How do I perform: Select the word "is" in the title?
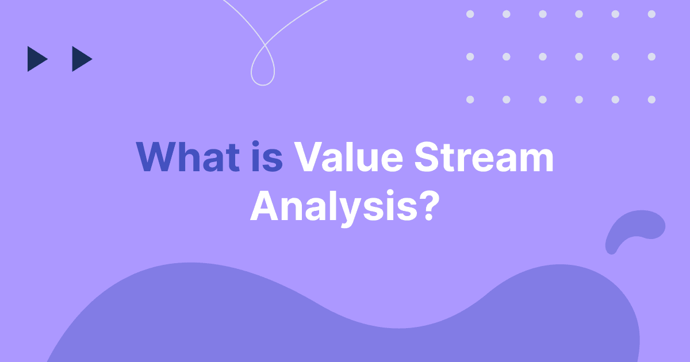[x=267, y=157]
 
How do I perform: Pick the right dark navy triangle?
[x=80, y=59]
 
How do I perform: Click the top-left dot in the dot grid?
[x=470, y=14]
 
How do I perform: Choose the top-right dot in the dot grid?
[x=651, y=14]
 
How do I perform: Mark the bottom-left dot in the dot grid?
[x=470, y=99]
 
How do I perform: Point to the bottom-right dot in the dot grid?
[x=651, y=99]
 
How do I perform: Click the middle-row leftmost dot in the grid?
[x=470, y=56]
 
